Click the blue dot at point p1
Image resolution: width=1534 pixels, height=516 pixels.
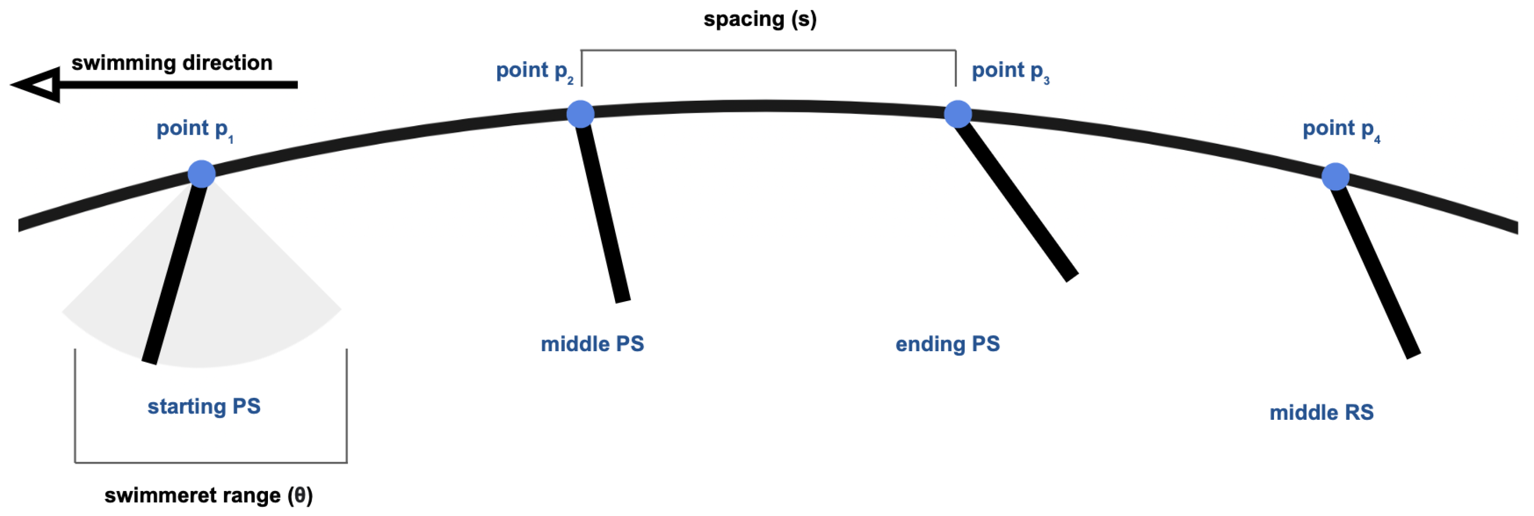[201, 174]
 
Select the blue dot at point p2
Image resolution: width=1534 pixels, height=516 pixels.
[580, 114]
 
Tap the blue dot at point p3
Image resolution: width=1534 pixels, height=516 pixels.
[958, 114]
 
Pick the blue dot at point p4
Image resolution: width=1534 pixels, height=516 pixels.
[1335, 176]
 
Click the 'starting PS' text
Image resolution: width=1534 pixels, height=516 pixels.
[204, 406]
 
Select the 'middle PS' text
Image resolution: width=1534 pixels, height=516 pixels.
[592, 344]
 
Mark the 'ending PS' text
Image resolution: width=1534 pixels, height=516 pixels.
[948, 344]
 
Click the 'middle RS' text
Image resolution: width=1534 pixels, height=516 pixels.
[1322, 412]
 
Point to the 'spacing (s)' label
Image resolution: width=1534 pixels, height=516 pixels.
[760, 19]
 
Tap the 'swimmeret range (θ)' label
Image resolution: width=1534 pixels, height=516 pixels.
[208, 495]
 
